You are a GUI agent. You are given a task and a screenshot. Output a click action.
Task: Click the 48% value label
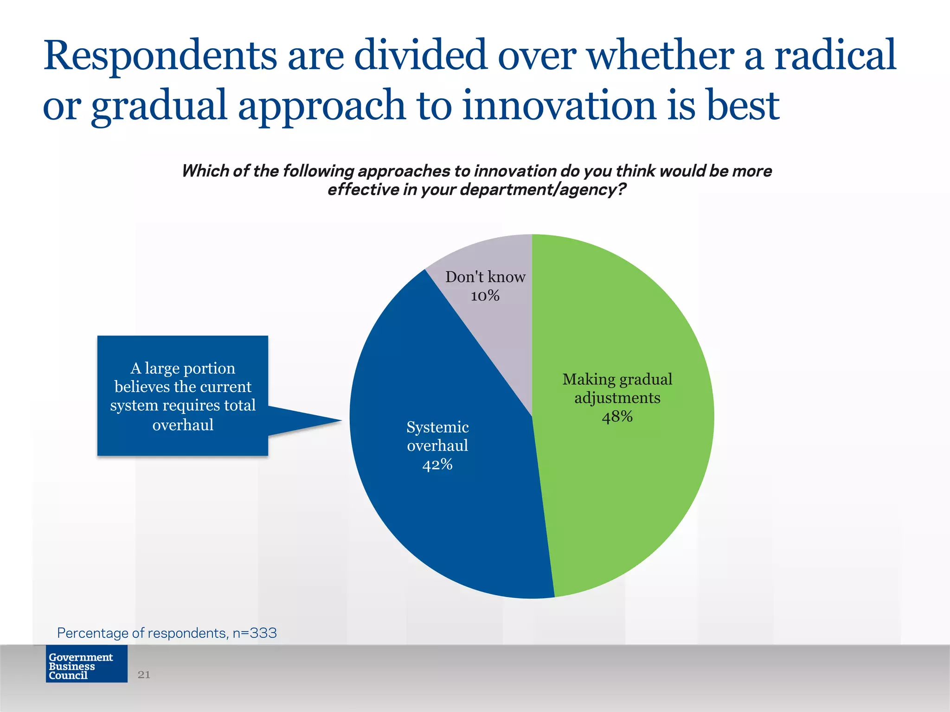coord(617,417)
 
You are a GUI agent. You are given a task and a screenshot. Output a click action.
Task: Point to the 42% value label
coord(437,464)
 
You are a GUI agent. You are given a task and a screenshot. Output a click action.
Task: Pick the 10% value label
coord(485,296)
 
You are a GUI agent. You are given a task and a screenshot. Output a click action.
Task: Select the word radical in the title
coord(835,56)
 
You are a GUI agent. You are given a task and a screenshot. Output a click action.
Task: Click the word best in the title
coord(742,106)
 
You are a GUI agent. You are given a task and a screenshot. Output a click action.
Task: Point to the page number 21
coord(144,674)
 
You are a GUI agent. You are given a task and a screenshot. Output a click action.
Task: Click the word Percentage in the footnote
coord(92,633)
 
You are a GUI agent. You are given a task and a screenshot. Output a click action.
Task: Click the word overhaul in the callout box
coord(183,425)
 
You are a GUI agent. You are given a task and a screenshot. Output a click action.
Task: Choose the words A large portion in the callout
coord(183,368)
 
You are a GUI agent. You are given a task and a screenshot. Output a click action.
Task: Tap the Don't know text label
coord(485,277)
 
